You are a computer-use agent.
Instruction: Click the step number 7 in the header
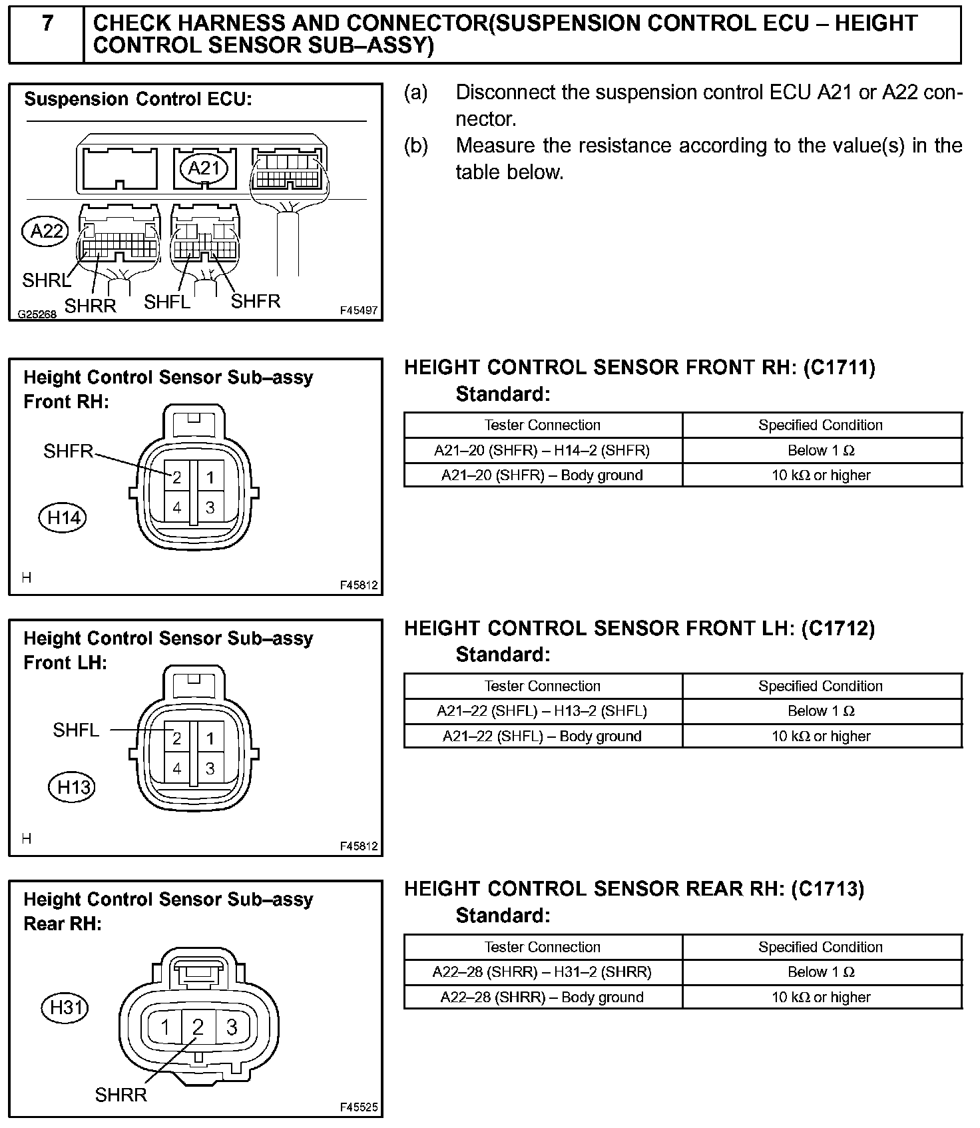pos(47,25)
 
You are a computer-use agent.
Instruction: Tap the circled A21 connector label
pos(204,168)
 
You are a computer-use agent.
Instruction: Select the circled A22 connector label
pos(46,231)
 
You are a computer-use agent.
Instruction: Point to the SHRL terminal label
pos(46,280)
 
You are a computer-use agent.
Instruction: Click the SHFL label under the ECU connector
pos(167,302)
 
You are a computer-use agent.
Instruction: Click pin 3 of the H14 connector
pos(210,507)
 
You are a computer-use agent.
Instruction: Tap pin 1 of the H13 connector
pos(210,738)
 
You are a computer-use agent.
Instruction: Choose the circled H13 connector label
pos(73,788)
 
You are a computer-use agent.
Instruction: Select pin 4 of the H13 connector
pos(176,768)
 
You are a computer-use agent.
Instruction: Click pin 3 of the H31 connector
pos(231,1027)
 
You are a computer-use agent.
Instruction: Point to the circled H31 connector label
pos(65,1007)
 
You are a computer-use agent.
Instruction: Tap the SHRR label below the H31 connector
pos(121,1095)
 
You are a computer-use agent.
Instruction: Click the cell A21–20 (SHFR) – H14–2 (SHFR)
pos(542,451)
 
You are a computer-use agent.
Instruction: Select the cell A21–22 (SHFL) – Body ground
pos(542,736)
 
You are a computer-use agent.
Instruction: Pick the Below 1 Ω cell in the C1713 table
pos(821,972)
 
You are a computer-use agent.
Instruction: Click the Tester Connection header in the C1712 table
pos(542,686)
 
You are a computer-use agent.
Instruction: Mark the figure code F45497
pos(358,311)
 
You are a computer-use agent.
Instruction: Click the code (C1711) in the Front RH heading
pos(839,368)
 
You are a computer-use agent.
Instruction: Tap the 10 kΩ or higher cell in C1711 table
pos(821,475)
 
